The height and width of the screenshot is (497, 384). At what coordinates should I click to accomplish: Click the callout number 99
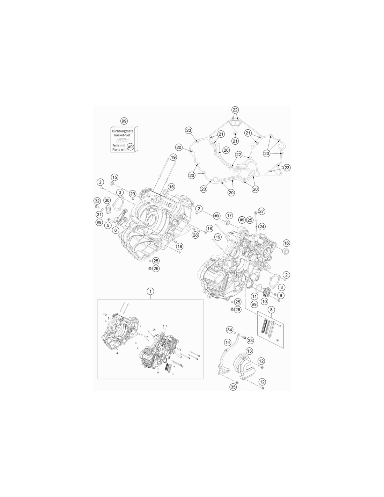coord(124,121)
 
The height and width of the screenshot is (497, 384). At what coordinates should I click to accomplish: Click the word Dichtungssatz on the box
coord(123,131)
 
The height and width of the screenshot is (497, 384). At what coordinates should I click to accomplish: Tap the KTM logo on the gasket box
coord(122,140)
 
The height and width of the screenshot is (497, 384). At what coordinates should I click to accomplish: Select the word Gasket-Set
coord(122,135)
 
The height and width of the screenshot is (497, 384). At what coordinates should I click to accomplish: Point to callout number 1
coord(150,291)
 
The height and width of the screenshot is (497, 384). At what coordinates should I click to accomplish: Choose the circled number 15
coord(115,177)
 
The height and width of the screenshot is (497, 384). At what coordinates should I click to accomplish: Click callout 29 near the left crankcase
coord(133,194)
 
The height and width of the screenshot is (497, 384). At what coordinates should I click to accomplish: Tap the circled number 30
coord(107,200)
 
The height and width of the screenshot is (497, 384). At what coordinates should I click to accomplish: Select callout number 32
coord(97,201)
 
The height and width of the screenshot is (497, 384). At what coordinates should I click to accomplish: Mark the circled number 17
coord(229,215)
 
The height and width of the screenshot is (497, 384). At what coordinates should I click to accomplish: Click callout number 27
coord(261,211)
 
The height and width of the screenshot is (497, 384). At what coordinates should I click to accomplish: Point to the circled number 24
coord(262,227)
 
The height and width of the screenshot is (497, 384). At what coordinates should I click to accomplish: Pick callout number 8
coord(271,310)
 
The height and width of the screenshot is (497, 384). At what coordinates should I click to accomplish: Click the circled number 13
coord(249,351)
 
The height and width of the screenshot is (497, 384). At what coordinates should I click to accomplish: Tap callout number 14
coord(228,343)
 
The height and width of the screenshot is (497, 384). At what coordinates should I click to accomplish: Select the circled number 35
coord(233,387)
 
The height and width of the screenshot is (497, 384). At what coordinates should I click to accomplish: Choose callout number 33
coord(250,340)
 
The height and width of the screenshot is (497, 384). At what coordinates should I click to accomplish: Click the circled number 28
coord(195,235)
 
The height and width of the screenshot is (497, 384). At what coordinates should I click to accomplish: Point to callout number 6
coord(116,230)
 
